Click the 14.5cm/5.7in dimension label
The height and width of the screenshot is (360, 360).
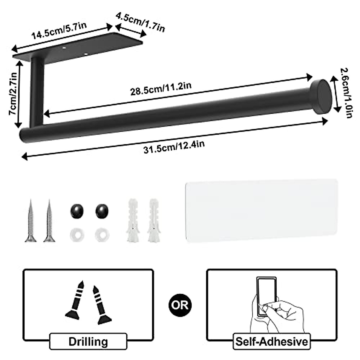[59, 30]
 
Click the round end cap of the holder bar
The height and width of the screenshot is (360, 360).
[320, 97]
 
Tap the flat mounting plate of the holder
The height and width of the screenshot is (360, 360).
[78, 48]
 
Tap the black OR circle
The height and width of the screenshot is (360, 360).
[180, 305]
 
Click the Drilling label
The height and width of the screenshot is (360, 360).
[88, 341]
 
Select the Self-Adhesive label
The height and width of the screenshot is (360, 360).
[271, 341]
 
